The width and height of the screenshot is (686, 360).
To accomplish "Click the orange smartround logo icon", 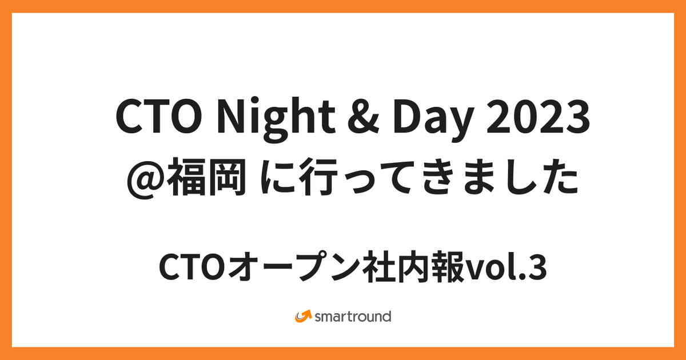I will click(304, 315).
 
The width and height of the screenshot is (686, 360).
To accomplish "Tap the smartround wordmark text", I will click(353, 316).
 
